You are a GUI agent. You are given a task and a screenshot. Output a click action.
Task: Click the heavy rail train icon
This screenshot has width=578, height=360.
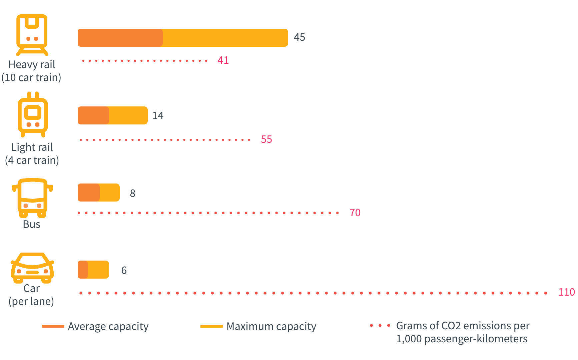point(32,35)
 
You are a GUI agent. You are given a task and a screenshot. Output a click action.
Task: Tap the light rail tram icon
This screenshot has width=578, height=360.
point(32,114)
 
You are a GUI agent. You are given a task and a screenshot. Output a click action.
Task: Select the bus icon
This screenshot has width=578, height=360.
point(32,198)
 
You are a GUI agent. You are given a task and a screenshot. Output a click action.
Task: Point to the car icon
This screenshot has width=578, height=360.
point(32,268)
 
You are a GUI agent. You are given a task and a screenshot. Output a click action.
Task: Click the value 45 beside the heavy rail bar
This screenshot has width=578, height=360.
point(299,37)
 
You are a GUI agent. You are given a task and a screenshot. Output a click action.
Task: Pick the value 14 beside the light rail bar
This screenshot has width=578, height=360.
point(158,116)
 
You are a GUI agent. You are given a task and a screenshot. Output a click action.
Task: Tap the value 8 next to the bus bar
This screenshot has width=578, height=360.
point(132,193)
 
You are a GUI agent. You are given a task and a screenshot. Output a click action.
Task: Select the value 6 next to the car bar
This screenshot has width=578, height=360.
point(124,270)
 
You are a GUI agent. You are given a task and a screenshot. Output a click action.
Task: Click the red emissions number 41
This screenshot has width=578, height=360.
point(223,60)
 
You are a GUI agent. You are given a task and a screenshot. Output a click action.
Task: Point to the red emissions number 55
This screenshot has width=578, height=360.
point(266,139)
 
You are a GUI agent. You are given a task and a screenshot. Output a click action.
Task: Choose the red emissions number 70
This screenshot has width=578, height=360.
point(355,213)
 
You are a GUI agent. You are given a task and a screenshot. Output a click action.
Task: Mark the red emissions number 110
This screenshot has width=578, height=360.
point(566,292)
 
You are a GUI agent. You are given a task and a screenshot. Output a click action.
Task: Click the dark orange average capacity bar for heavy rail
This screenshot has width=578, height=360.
point(120,38)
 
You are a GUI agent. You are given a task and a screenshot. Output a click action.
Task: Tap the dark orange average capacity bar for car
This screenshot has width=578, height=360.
point(83,270)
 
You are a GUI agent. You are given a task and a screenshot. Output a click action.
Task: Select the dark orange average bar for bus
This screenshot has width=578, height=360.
point(89,193)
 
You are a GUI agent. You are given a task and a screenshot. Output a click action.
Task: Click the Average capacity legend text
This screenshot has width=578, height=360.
point(108,326)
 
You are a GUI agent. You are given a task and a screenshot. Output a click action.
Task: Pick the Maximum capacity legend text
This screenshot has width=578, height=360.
point(271,326)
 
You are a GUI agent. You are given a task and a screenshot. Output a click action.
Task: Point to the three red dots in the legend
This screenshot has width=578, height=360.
point(380,325)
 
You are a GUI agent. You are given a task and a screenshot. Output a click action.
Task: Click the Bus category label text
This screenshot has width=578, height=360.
point(32,224)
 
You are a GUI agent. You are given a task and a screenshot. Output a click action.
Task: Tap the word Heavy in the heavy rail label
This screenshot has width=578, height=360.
point(20,65)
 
